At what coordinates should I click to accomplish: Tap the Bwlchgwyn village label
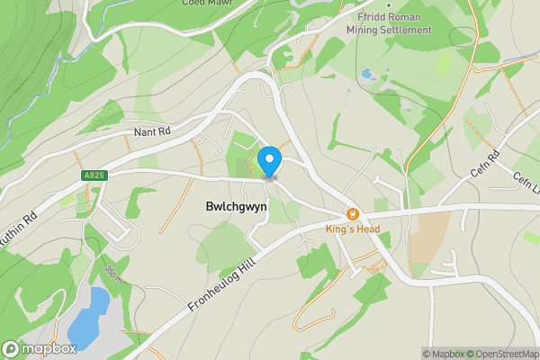(229, 206)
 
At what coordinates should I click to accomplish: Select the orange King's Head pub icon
(352, 214)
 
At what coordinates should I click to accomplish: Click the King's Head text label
(352, 229)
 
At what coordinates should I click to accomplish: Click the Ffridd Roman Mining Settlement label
(388, 22)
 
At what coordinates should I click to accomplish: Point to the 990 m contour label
(112, 273)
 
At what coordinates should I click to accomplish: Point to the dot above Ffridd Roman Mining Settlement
(388, 4)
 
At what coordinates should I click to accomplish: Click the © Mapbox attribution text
(443, 354)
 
